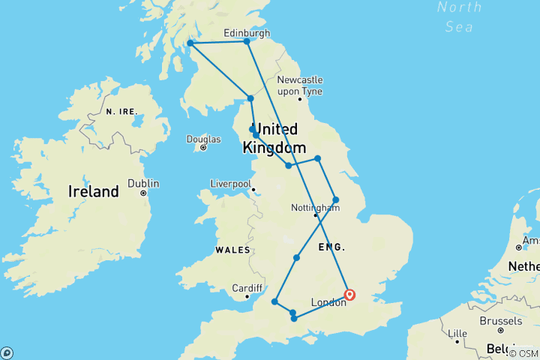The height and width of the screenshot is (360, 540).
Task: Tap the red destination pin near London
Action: pyautogui.click(x=349, y=294)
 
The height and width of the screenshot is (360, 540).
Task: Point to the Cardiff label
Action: pyautogui.click(x=247, y=288)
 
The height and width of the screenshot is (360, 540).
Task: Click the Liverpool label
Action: pyautogui.click(x=230, y=182)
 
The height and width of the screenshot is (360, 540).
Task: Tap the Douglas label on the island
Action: pyautogui.click(x=204, y=139)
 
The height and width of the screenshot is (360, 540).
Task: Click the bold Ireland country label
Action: pyautogui.click(x=93, y=192)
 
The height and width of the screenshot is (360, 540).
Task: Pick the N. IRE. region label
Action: pyautogui.click(x=121, y=112)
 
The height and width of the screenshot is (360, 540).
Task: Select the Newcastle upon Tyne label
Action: pyautogui.click(x=299, y=85)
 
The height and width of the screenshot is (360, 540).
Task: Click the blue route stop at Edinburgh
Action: pyautogui.click(x=247, y=41)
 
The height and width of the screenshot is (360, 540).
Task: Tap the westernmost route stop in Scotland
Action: pyautogui.click(x=190, y=43)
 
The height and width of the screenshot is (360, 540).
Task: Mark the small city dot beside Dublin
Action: pyautogui.click(x=143, y=193)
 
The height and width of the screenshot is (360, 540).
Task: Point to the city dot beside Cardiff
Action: pyautogui.click(x=247, y=298)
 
